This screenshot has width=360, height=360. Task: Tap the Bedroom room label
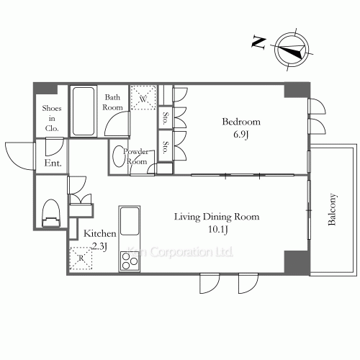click(240, 122)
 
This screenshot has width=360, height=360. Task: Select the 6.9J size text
click(240, 134)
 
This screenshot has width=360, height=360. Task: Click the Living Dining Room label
click(217, 216)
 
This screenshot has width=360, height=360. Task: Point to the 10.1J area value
click(217, 229)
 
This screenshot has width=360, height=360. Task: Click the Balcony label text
click(333, 210)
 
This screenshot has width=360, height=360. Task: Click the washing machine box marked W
click(143, 99)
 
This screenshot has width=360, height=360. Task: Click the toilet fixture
click(51, 213)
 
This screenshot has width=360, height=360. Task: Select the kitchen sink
click(130, 222)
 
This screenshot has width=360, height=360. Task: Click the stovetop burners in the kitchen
click(130, 261)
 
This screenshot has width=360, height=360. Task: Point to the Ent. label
click(53, 163)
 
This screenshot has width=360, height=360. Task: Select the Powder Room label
click(136, 156)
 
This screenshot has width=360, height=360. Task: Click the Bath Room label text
click(114, 102)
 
